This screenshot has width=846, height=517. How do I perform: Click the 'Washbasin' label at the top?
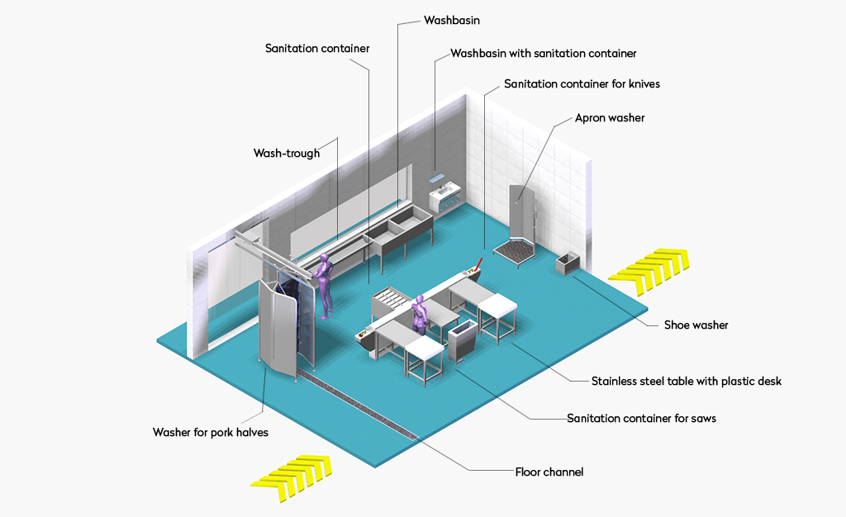click(452, 21)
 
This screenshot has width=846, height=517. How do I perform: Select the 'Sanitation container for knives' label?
click(582, 83)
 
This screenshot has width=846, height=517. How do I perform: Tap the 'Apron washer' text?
click(610, 118)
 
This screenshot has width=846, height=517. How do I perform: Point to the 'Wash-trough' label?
click(287, 153)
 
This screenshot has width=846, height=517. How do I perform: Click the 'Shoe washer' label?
click(696, 325)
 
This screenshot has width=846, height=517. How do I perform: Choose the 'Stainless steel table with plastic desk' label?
click(687, 382)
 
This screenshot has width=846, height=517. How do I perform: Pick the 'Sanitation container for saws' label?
click(641, 419)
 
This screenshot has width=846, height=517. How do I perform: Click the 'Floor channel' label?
click(549, 472)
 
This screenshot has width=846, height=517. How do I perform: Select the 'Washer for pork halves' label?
click(211, 433)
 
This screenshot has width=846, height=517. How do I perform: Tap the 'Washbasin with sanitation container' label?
click(544, 54)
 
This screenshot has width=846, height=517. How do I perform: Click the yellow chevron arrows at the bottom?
click(292, 477)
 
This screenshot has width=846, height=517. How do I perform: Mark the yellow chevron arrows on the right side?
click(649, 272)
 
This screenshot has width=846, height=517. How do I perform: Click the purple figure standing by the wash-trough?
click(324, 286)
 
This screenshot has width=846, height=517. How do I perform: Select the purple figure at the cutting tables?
click(419, 314)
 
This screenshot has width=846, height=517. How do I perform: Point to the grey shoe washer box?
click(568, 263)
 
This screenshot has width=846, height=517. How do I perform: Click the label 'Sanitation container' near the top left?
click(317, 49)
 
